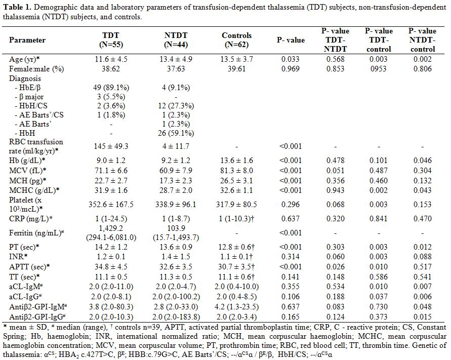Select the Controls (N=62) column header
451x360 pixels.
point(236,40)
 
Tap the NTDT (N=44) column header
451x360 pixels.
point(176,40)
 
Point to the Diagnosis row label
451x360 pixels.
point(25,78)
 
